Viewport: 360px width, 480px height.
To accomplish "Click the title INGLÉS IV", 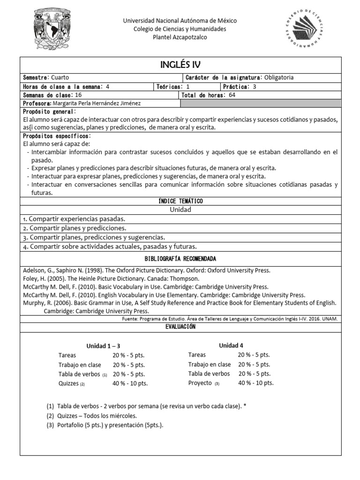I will (x=180, y=65).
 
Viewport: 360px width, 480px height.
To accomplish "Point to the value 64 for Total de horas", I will (x=232, y=95).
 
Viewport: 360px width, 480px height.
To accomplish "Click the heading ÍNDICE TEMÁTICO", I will (x=180, y=201).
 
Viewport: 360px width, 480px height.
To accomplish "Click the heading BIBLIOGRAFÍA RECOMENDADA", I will (x=180, y=259).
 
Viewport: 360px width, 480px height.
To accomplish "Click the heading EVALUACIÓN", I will (x=180, y=327).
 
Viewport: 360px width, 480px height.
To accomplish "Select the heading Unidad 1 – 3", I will (x=103, y=346).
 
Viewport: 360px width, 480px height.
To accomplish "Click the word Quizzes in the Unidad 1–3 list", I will (x=68, y=383).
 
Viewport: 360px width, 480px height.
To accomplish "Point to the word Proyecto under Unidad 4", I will (x=200, y=383).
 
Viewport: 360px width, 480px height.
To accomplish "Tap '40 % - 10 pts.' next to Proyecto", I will (x=256, y=383).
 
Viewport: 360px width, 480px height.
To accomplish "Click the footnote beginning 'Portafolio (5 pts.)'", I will (x=105, y=425).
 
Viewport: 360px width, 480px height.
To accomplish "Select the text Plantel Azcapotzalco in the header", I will (x=180, y=37).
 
